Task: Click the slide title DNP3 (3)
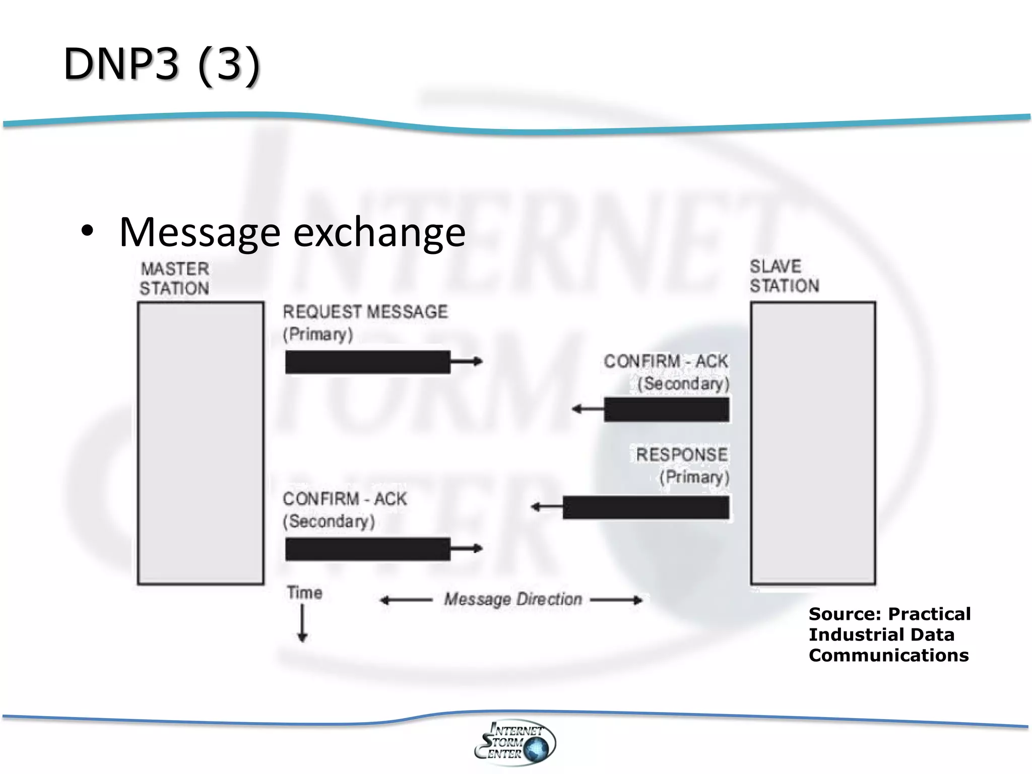(161, 64)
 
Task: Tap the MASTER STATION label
(174, 278)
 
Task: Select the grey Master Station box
(201, 443)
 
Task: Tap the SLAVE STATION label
(784, 276)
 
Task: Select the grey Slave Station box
(813, 443)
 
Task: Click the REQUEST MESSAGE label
(365, 312)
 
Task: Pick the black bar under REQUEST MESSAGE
(367, 362)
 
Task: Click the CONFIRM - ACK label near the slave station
(666, 361)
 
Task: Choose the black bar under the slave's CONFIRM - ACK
(666, 409)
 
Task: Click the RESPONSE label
(681, 455)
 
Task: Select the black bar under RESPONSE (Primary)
(646, 507)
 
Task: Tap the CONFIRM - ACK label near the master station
(345, 499)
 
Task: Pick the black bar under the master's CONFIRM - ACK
(367, 549)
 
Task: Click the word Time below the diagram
(304, 593)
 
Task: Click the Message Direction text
(512, 599)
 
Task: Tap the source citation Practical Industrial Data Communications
(889, 634)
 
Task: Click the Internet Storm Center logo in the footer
(515, 742)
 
